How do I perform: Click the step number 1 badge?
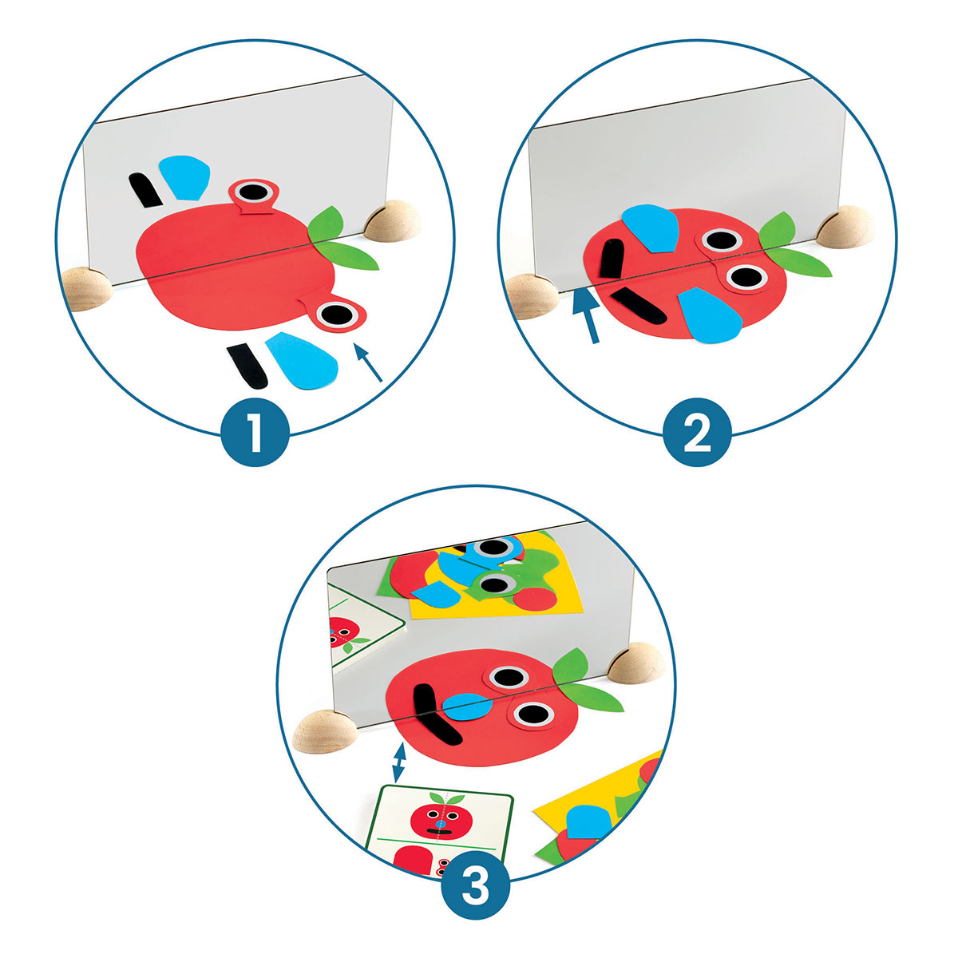(x=255, y=432)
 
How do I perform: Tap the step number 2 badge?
(x=697, y=432)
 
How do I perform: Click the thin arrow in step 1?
(x=368, y=363)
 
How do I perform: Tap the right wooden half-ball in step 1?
(x=393, y=220)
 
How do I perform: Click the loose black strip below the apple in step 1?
(x=247, y=366)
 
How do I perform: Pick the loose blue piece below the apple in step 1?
(x=302, y=360)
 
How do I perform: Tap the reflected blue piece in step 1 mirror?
(x=184, y=177)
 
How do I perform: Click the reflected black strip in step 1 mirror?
(x=144, y=191)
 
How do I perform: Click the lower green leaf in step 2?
(x=798, y=262)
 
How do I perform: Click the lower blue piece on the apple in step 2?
(x=711, y=315)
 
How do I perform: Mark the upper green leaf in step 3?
(x=571, y=666)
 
